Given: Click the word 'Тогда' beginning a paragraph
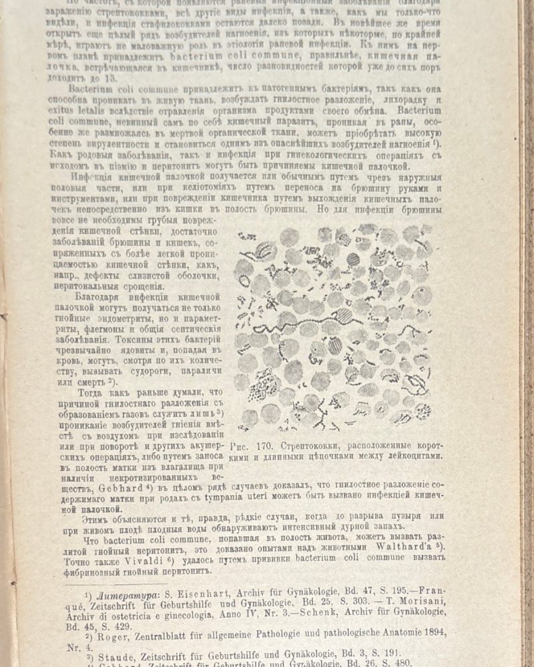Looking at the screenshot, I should (x=93, y=394).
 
